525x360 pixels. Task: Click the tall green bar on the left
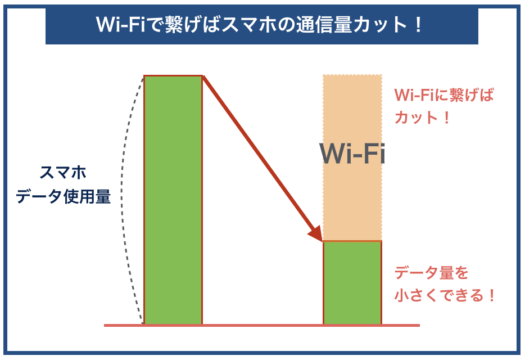(x=173, y=200)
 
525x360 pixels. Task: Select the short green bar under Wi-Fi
(x=352, y=282)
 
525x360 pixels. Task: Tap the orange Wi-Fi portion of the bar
(x=352, y=112)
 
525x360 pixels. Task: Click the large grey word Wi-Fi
(x=352, y=154)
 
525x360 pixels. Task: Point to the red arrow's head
(x=316, y=233)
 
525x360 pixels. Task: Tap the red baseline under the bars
(x=261, y=325)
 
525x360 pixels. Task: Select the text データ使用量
(x=63, y=197)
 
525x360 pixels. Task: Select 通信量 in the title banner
(x=319, y=26)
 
